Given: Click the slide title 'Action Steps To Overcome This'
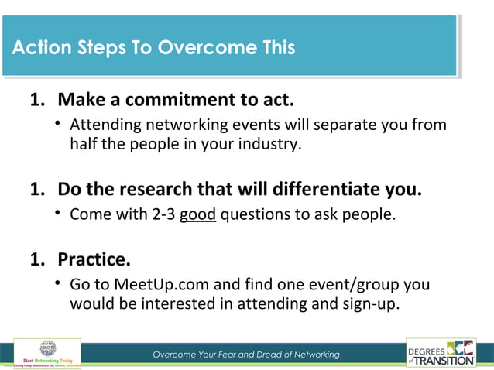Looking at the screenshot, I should (153, 48).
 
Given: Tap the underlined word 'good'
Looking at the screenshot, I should (197, 214).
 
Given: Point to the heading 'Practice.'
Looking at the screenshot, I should (94, 258).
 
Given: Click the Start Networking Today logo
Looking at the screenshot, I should (49, 354).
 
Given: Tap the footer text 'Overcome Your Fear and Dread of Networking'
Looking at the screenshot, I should (246, 355).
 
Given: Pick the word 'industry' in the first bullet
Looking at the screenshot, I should (269, 143).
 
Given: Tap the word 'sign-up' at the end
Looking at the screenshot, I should (370, 303).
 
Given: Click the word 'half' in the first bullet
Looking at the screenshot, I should (84, 143).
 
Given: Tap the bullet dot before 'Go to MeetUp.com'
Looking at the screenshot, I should (59, 283).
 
